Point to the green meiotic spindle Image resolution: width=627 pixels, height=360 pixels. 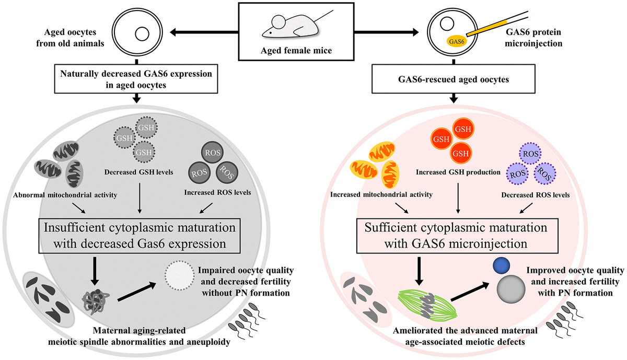point(427,306)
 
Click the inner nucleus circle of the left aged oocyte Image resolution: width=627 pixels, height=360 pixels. point(142,34)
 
